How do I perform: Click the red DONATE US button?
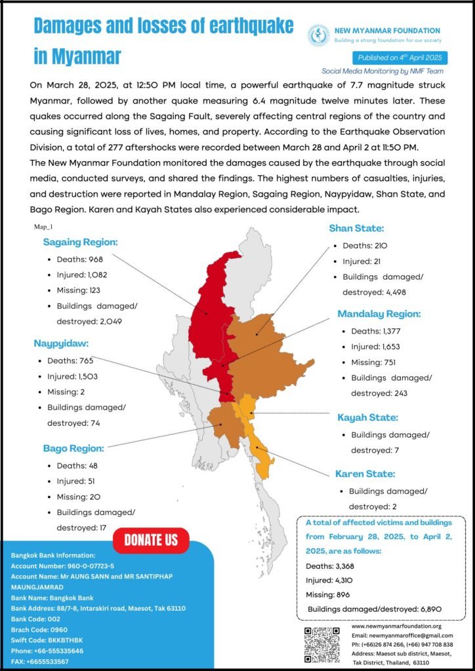[151, 540]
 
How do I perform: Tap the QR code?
[322, 644]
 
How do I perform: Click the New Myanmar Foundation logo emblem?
[319, 35]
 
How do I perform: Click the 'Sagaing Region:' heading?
[80, 242]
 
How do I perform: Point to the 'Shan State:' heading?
[356, 229]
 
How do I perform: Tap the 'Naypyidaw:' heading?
[61, 343]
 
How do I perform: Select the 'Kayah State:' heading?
[367, 417]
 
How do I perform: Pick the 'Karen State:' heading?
[365, 473]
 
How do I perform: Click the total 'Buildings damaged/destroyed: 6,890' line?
[375, 609]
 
